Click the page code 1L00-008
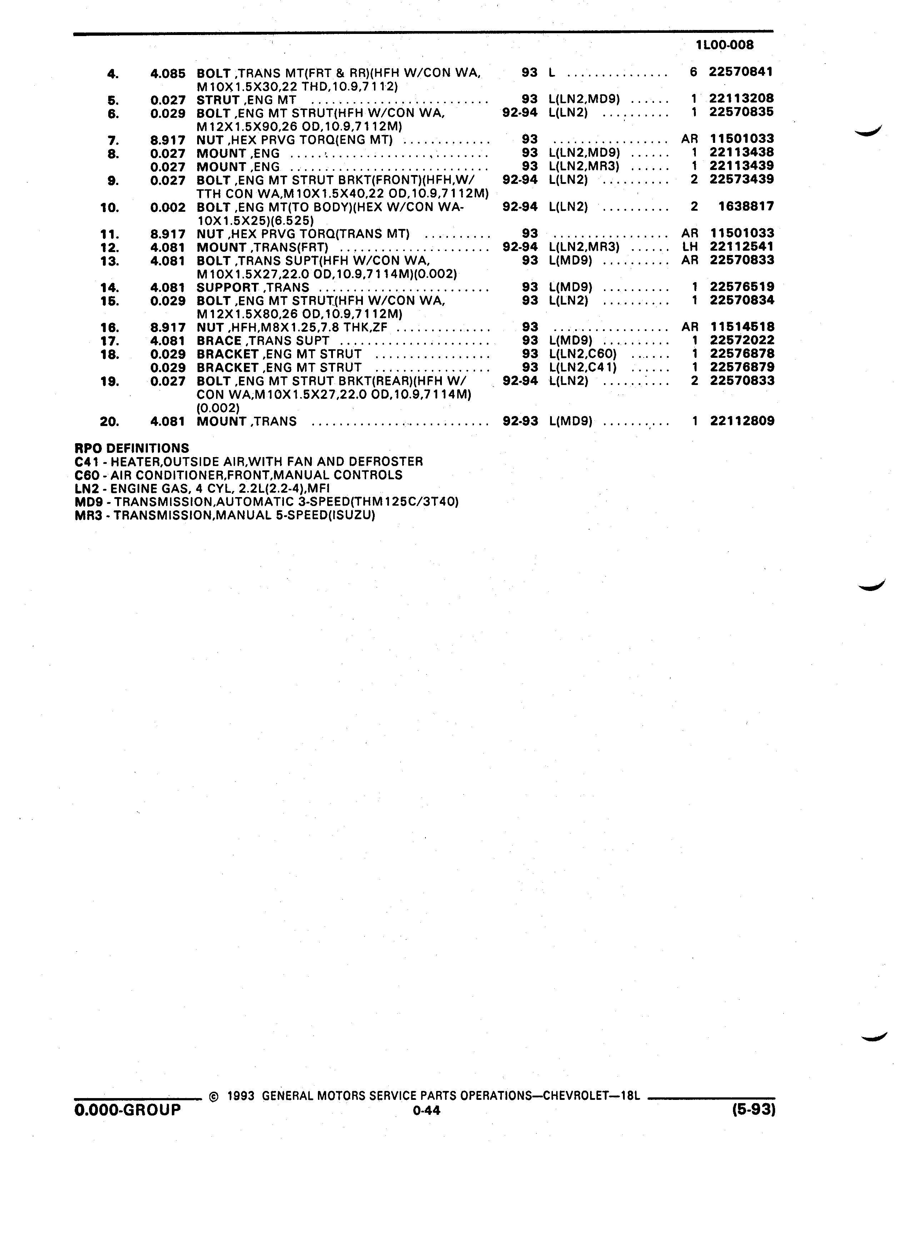(725, 45)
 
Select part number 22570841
(741, 71)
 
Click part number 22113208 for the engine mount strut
(742, 99)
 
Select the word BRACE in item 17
(219, 341)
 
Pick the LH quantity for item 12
(690, 247)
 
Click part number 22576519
(742, 287)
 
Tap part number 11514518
(742, 327)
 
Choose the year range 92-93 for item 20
(520, 421)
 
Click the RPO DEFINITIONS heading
(132, 448)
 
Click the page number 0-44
(426, 1110)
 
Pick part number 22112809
(742, 421)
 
